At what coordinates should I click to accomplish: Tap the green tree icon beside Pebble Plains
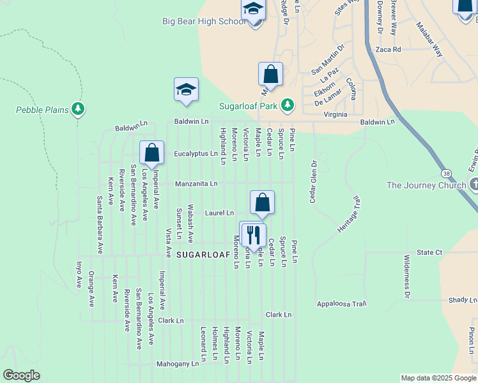78,110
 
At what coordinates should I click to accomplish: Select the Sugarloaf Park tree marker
288,104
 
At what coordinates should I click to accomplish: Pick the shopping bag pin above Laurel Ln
262,203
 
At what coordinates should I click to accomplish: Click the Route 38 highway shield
445,173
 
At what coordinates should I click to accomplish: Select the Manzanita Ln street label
197,184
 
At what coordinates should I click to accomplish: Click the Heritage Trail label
349,214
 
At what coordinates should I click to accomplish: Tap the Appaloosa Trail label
341,304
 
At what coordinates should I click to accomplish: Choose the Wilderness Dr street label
406,276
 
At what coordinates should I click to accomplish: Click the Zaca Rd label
388,49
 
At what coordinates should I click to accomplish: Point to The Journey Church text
426,186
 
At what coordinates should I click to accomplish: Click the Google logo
21,375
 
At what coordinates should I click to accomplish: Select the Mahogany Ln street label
178,364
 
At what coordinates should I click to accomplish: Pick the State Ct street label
429,253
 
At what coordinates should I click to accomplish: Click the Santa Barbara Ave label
100,225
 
